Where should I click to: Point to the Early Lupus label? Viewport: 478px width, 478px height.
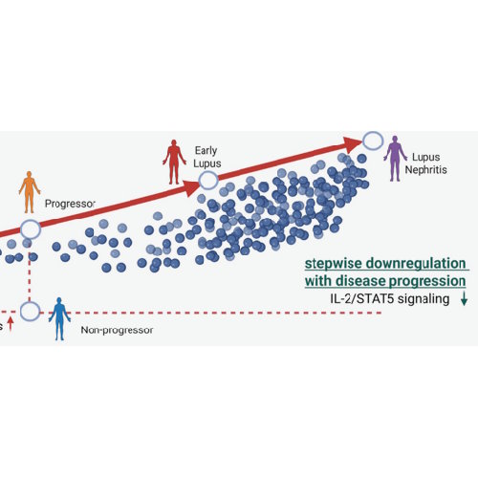pos(206,157)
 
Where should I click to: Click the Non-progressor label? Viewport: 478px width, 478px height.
pos(117,331)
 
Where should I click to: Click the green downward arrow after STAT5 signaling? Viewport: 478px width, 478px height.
pos(464,300)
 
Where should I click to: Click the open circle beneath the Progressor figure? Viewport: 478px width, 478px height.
pos(31,229)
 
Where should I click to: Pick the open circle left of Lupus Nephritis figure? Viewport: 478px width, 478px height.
pos(372,140)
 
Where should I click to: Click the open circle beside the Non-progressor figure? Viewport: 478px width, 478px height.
pos(31,311)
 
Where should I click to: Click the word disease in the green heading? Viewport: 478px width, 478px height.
pos(363,281)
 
